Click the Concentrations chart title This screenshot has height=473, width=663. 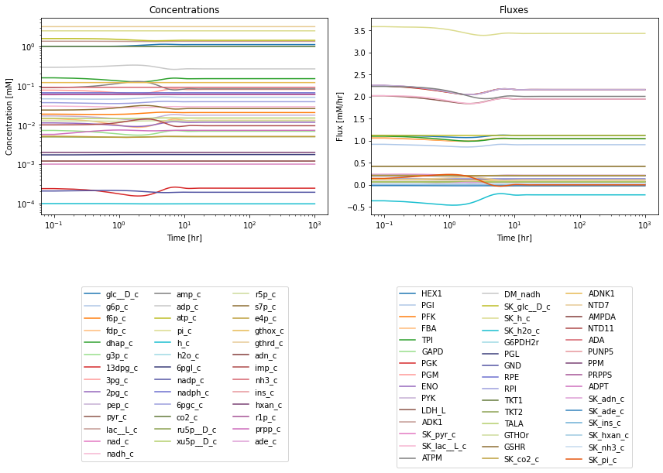(x=184, y=10)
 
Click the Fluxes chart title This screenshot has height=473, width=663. (x=514, y=10)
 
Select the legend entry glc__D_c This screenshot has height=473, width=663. (x=111, y=294)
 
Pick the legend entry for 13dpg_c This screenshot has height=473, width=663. (x=111, y=368)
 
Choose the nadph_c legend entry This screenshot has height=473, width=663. (x=181, y=392)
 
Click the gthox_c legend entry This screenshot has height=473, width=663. (x=258, y=331)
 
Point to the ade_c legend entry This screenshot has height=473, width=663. (x=255, y=442)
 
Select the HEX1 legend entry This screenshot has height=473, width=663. (x=421, y=293)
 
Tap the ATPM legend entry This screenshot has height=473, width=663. (x=421, y=458)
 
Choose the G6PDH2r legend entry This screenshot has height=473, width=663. (x=510, y=342)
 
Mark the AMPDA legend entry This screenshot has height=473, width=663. (x=591, y=317)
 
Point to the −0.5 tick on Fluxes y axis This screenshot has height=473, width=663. (x=358, y=207)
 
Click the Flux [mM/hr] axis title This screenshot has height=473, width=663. (x=340, y=117)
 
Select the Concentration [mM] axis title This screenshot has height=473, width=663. (x=9, y=117)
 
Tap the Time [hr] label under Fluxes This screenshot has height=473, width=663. (x=514, y=238)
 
